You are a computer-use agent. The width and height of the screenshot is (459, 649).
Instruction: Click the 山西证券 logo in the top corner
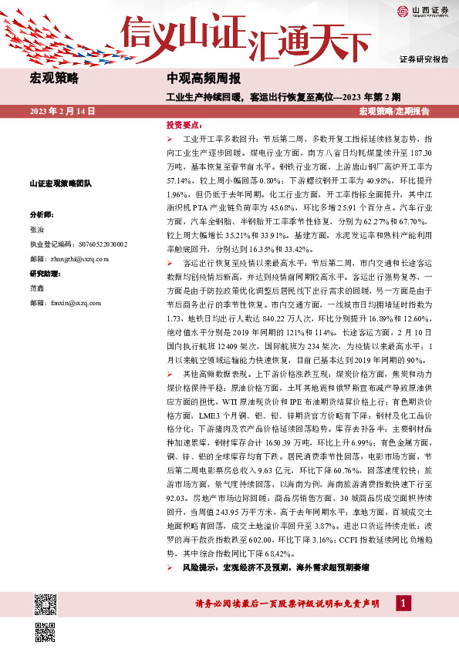point(424,11)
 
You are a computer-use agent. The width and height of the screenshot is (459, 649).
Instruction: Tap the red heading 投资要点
point(184,125)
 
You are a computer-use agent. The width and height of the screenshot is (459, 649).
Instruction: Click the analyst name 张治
point(37,230)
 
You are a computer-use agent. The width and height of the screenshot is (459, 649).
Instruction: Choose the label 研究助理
point(45,274)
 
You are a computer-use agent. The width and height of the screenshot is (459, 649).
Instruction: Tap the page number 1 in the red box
point(403,604)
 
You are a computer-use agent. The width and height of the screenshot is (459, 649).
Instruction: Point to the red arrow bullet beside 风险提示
point(170,567)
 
